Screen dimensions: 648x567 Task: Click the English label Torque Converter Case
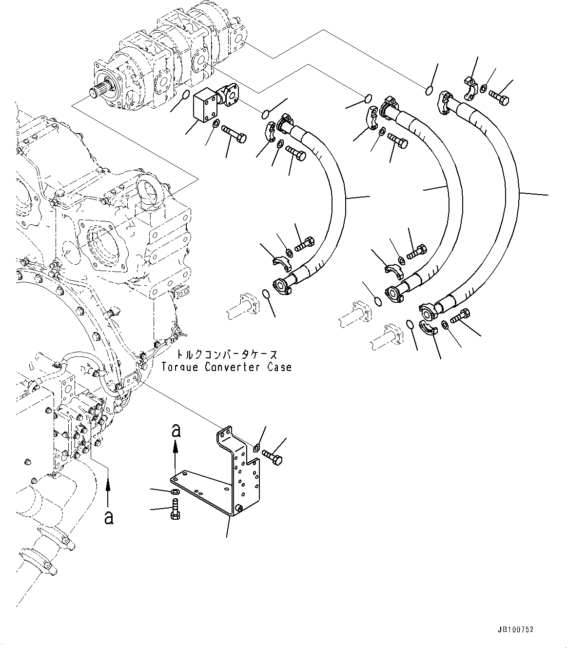pyautogui.click(x=227, y=367)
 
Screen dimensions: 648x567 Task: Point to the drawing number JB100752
pyautogui.click(x=516, y=629)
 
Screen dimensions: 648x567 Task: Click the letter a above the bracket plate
pyautogui.click(x=176, y=430)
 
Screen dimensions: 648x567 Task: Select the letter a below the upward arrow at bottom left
pyautogui.click(x=108, y=517)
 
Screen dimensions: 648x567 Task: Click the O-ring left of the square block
pyautogui.click(x=185, y=94)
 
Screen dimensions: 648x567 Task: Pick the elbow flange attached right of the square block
pyautogui.click(x=229, y=95)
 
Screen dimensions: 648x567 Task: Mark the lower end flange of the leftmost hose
pyautogui.click(x=283, y=283)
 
